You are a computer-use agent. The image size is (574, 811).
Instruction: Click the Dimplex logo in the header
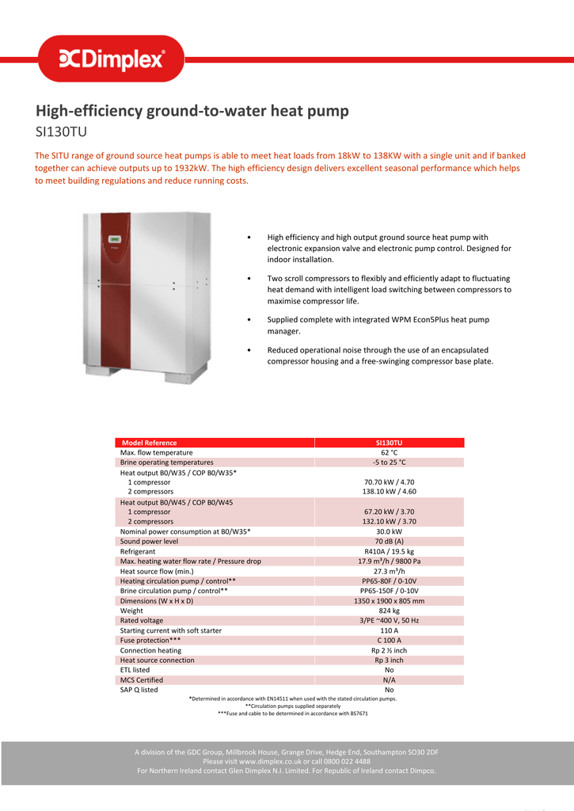[112, 59]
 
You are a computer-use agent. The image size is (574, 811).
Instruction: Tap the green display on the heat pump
[113, 238]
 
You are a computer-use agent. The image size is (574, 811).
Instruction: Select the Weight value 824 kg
[389, 611]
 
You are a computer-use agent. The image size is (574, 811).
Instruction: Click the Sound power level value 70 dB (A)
[389, 542]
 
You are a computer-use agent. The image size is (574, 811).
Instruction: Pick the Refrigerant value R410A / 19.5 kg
[389, 551]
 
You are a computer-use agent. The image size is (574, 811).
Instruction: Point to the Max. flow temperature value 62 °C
[389, 453]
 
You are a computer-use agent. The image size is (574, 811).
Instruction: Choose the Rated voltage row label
[142, 621]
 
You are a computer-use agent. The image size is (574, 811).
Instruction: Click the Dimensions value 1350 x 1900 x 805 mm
[389, 601]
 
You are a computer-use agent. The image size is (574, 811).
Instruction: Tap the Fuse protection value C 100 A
[389, 640]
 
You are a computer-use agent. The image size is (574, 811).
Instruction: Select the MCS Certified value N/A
[389, 680]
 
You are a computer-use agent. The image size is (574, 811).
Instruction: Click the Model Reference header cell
[150, 443]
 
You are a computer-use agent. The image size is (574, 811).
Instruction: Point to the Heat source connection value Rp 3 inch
[389, 660]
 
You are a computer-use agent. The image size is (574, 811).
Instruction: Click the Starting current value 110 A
[389, 630]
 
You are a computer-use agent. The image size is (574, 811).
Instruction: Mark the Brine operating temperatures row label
[166, 463]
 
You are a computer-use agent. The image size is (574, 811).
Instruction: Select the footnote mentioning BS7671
[293, 714]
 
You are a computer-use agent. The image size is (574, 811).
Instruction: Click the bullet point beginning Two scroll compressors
[388, 290]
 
